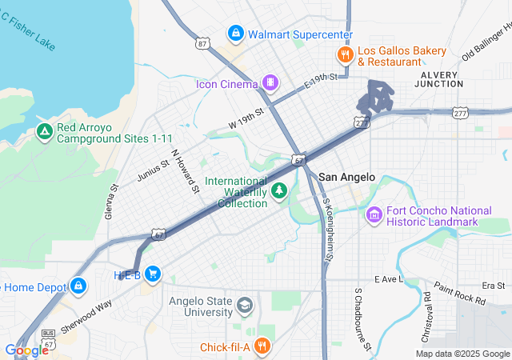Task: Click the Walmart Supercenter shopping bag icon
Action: (x=235, y=34)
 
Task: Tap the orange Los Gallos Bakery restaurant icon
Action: (x=344, y=54)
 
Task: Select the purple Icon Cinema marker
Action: (x=271, y=82)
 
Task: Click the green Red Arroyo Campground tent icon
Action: (x=44, y=132)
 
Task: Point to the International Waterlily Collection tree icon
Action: (x=279, y=190)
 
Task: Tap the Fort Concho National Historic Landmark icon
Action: (x=374, y=214)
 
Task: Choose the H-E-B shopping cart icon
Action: (x=153, y=274)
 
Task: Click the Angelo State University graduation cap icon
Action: (x=245, y=306)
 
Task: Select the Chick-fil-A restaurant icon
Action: (x=263, y=346)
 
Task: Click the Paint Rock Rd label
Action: (x=459, y=294)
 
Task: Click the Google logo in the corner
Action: (x=26, y=350)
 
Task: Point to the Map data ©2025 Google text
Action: (x=462, y=354)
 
